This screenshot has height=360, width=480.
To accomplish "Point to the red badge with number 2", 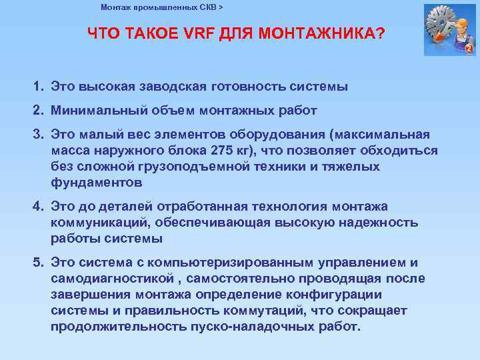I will (x=469, y=49).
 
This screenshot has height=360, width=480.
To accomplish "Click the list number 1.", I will (x=39, y=87).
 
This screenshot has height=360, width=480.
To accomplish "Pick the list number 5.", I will (x=39, y=263).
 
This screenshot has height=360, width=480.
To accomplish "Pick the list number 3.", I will (x=39, y=134).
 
